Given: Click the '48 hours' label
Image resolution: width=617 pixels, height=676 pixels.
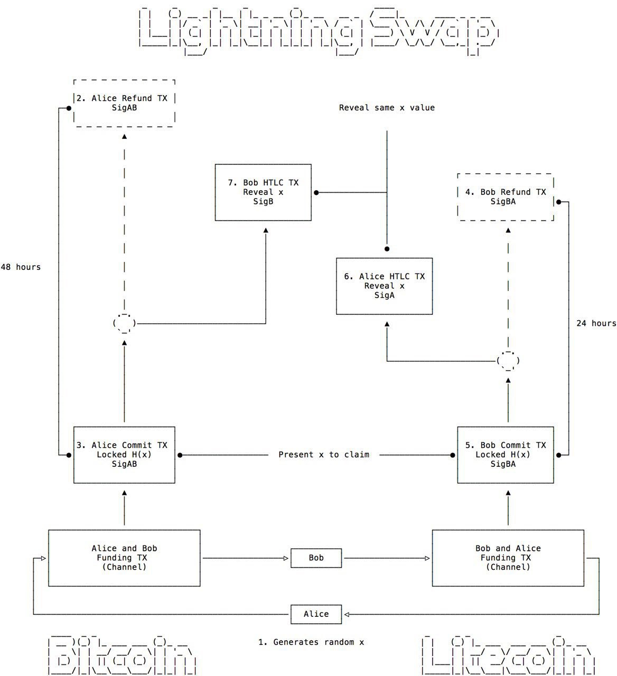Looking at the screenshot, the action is coord(21,267).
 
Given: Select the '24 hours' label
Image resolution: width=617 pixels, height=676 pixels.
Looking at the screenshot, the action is coord(596,324).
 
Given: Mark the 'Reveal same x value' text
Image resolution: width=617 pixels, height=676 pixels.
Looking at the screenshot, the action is coord(387,108).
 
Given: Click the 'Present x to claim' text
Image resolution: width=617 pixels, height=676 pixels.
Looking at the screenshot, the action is coord(324,455).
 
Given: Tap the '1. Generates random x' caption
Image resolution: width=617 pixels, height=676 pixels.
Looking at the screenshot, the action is coord(311,642).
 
